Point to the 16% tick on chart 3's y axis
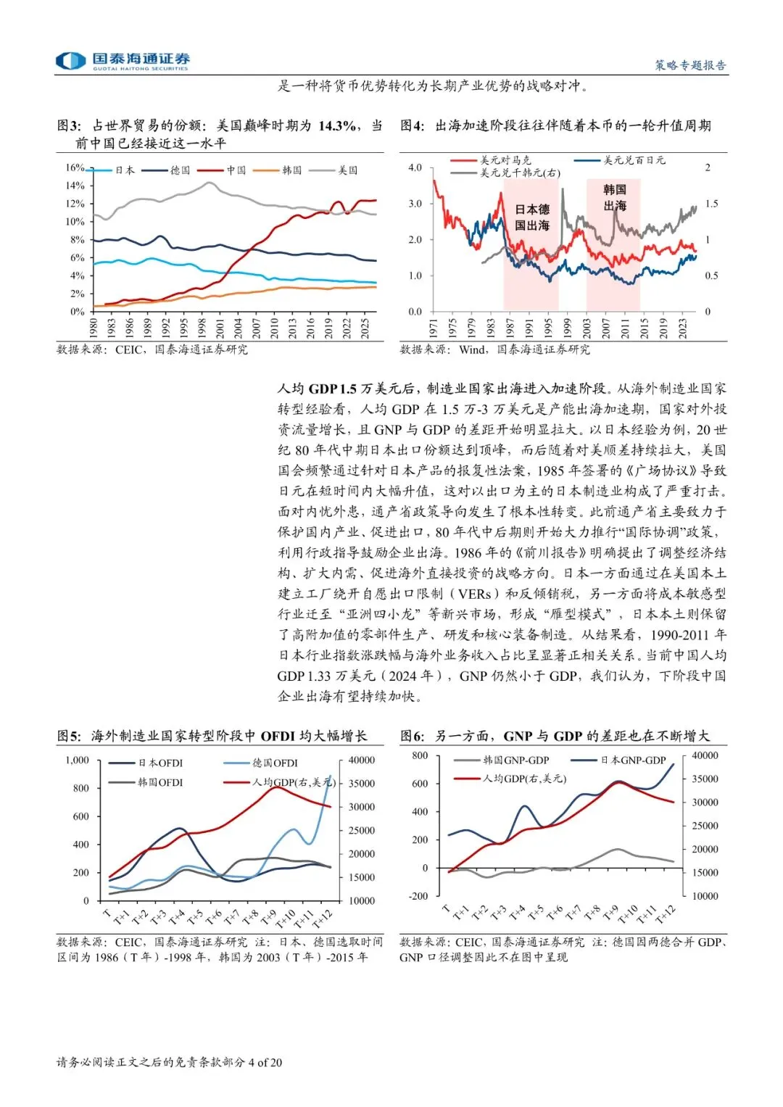[75, 167]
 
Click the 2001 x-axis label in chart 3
[220, 327]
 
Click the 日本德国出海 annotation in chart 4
[532, 217]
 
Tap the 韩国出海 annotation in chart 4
[615, 197]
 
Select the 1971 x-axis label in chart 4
[434, 328]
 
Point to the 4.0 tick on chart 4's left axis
[415, 167]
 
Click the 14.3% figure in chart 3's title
[337, 125]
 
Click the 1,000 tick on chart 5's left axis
[77, 760]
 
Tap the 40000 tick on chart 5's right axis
[361, 760]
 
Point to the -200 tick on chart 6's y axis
[418, 896]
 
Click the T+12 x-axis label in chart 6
[665, 915]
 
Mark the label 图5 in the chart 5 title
[69, 736]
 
